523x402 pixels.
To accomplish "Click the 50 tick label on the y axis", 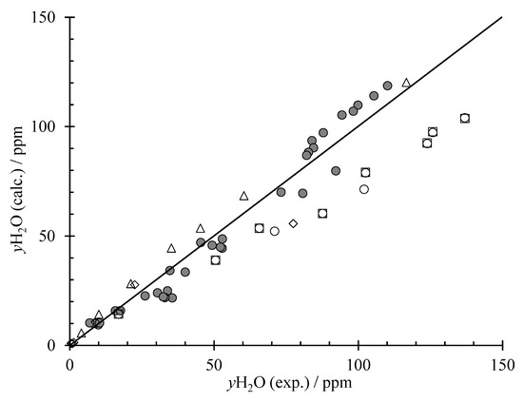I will pyautogui.click(x=50, y=236).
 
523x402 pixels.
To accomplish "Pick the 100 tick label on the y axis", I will pyautogui.click(x=47, y=126).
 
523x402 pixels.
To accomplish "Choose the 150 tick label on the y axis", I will pyautogui.click(x=47, y=18).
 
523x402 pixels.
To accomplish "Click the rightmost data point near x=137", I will pyautogui.click(x=465, y=119).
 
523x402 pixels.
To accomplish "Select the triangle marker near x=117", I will pyautogui.click(x=407, y=83).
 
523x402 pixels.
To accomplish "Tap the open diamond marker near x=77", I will pyautogui.click(x=293, y=223).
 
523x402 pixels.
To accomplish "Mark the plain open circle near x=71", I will pyautogui.click(x=275, y=231).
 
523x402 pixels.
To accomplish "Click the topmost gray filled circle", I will pyautogui.click(x=388, y=86).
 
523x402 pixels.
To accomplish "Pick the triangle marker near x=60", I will pyautogui.click(x=243, y=196).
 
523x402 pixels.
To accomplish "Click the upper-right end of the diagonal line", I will pyautogui.click(x=502, y=17).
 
